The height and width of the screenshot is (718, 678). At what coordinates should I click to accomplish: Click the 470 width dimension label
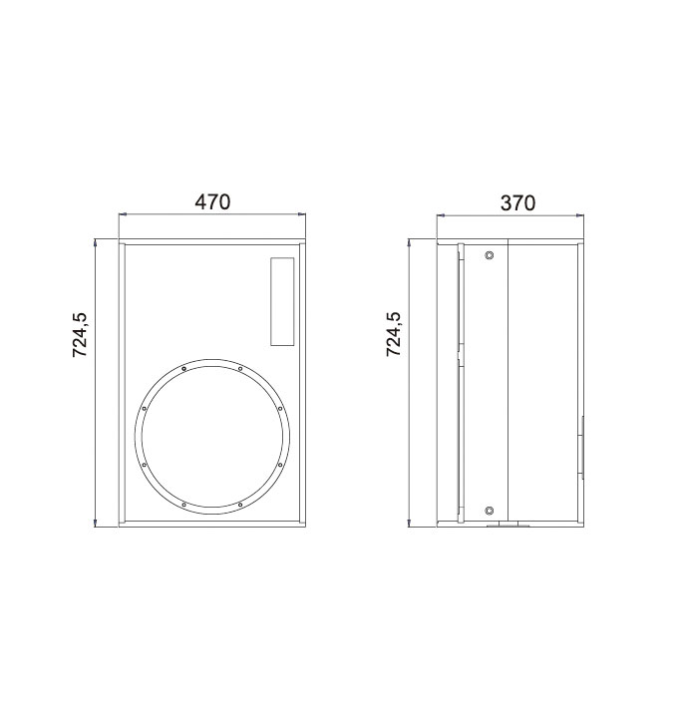(212, 201)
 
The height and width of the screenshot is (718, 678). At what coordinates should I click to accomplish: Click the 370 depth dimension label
(517, 202)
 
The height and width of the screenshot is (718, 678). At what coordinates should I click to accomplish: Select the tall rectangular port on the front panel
(282, 301)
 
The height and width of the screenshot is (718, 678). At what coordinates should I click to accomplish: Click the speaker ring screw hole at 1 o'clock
(240, 368)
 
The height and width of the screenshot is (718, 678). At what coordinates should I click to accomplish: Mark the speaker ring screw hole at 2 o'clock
(280, 408)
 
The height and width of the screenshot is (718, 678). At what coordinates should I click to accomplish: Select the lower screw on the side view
(490, 511)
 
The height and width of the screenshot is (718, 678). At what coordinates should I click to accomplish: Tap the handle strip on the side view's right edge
(582, 448)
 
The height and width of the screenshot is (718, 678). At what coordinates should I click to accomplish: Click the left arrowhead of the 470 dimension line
(122, 213)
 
